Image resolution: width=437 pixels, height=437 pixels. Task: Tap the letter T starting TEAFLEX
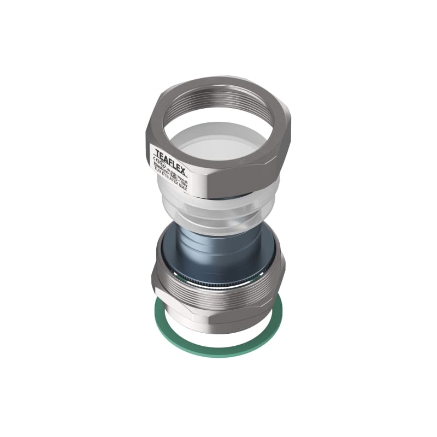point(157,152)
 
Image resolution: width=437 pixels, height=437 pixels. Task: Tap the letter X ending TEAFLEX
point(182,170)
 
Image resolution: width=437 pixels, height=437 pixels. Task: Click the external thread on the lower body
point(218,298)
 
